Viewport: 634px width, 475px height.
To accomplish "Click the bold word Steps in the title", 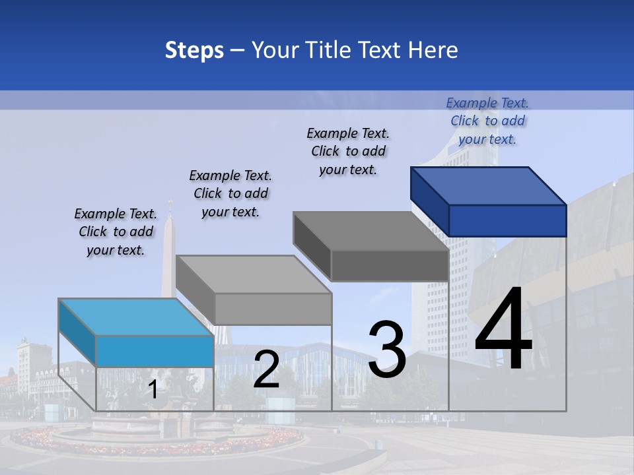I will point(194,51).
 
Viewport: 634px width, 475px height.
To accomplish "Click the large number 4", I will point(503,330).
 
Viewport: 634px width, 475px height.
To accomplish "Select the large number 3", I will point(387,350).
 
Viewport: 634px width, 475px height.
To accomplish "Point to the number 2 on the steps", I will point(266,370).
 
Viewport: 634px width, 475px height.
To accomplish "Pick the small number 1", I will point(153,390).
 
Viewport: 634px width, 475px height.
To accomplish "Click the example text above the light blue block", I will point(116,232).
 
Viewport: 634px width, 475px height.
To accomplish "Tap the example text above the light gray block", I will point(230,194).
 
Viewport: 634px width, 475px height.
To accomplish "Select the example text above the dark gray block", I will point(348,151).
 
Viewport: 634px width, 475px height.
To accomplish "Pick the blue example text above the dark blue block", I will point(487,121).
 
